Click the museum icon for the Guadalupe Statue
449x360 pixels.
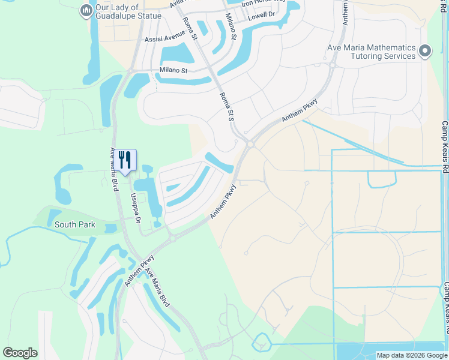coord(86,10)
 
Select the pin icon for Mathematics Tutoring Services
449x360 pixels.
coord(425,51)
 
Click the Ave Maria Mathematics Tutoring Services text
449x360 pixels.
coord(371,52)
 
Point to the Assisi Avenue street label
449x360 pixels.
coord(164,40)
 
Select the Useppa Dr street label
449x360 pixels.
coord(136,209)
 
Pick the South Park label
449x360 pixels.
coord(75,225)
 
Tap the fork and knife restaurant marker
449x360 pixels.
coord(125,160)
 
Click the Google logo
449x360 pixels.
coord(20,353)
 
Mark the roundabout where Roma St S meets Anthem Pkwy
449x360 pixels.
coord(250,143)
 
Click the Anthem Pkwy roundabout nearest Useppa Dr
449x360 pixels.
coord(172,238)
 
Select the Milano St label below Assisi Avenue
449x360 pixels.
coord(173,70)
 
